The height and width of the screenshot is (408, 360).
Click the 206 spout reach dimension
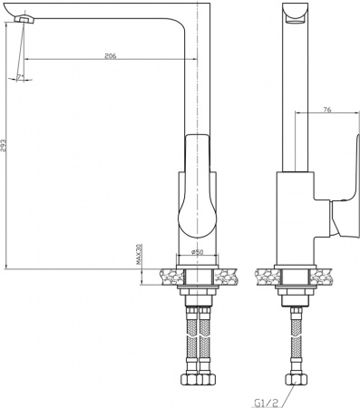pos(110,56)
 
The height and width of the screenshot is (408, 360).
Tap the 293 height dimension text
pos(5,150)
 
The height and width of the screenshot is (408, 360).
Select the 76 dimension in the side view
pos(326,110)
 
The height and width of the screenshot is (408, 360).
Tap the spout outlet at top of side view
pos(292,12)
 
